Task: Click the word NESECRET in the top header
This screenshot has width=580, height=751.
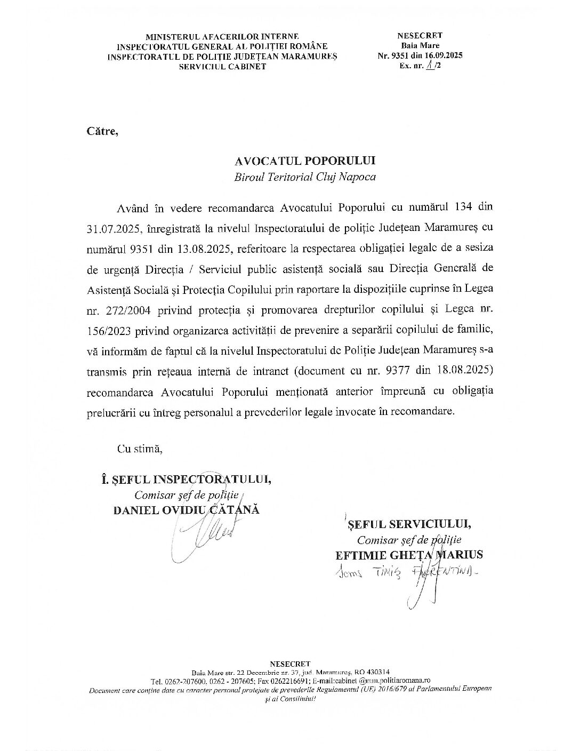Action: pos(420,36)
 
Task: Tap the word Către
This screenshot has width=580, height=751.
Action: pos(101,131)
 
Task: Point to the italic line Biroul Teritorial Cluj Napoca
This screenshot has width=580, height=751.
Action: pos(305,177)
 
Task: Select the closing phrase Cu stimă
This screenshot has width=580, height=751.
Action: pos(139,449)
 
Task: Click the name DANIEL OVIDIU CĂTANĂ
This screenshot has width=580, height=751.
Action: pos(187,509)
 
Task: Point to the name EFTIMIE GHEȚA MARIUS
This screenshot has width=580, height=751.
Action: pos(409,554)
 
